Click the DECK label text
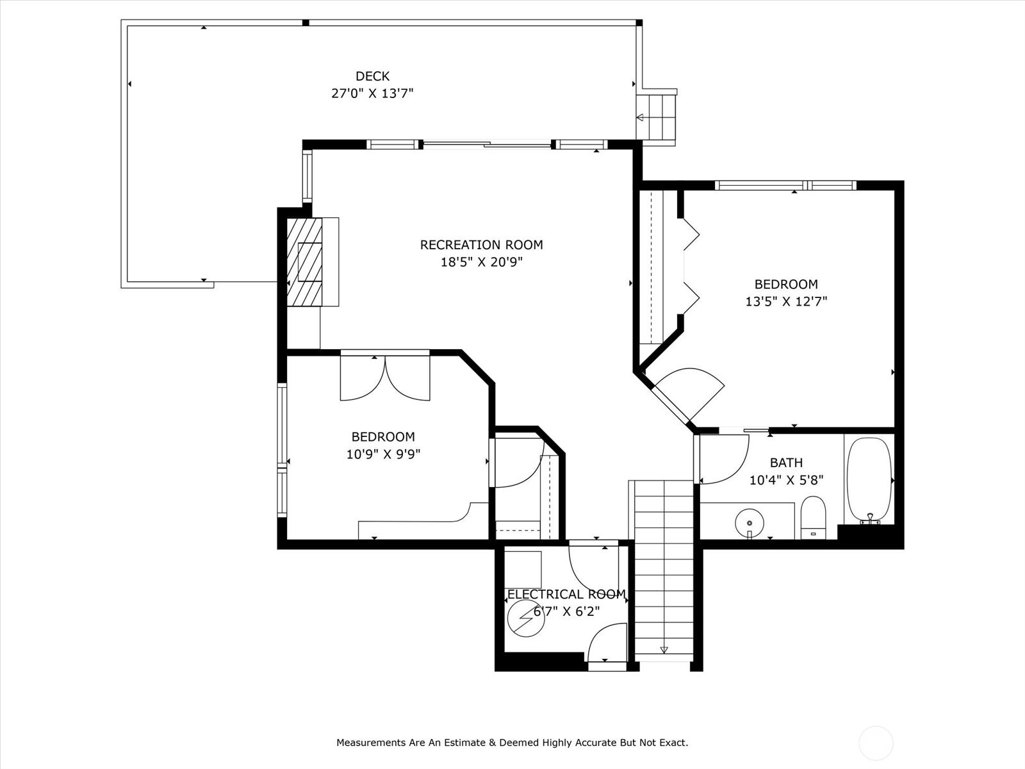[372, 76]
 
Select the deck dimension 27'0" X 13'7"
[372, 94]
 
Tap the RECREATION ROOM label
[482, 245]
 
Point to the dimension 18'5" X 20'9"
[482, 262]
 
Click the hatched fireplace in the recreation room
[304, 262]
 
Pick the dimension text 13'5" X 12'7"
[786, 302]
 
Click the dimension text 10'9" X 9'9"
[383, 454]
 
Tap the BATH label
[787, 463]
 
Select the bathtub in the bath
[869, 480]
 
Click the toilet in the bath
[813, 518]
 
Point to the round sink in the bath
[750, 523]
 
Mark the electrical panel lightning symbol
[527, 618]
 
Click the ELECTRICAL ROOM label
[566, 595]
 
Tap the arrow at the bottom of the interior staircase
[664, 649]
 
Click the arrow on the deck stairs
[640, 117]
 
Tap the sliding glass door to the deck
[487, 144]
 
